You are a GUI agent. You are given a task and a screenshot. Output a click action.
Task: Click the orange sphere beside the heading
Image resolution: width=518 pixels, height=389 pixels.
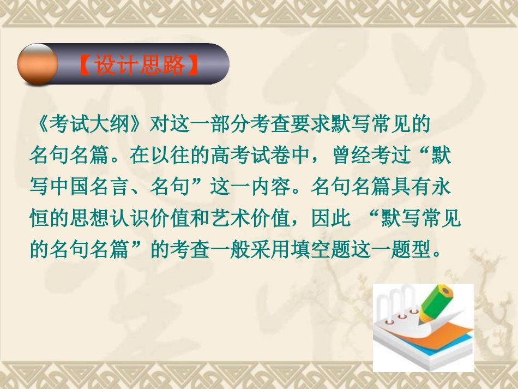(x=37, y=64)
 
